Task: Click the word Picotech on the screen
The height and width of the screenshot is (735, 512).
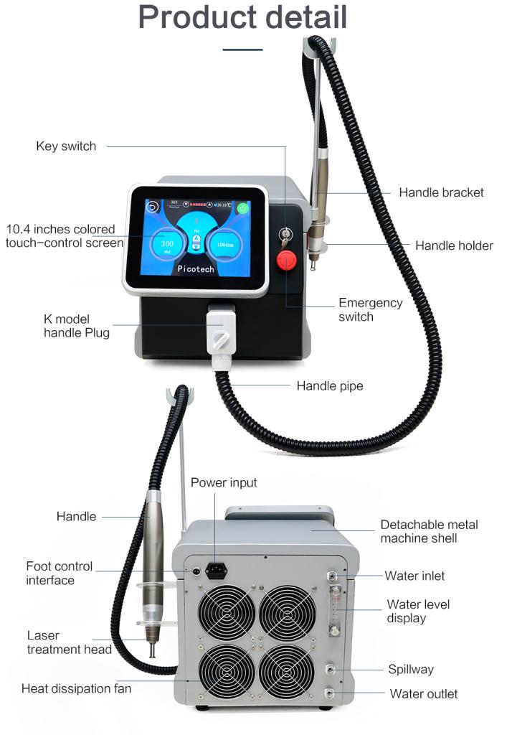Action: pyautogui.click(x=197, y=268)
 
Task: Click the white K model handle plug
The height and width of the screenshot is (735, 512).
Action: pyautogui.click(x=220, y=330)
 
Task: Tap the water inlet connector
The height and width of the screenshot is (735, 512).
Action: pyautogui.click(x=332, y=576)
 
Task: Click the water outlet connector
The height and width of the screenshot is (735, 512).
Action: pyautogui.click(x=329, y=693)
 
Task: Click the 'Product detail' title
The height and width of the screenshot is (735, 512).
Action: pyautogui.click(x=242, y=17)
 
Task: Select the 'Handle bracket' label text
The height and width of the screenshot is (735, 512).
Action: pyautogui.click(x=441, y=192)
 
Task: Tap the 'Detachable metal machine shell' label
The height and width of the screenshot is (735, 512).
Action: pyautogui.click(x=429, y=531)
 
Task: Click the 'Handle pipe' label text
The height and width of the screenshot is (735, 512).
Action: pyautogui.click(x=330, y=386)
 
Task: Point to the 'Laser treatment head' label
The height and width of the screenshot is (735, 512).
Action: pyautogui.click(x=69, y=642)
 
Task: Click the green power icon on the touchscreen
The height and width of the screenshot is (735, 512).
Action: pyautogui.click(x=244, y=209)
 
